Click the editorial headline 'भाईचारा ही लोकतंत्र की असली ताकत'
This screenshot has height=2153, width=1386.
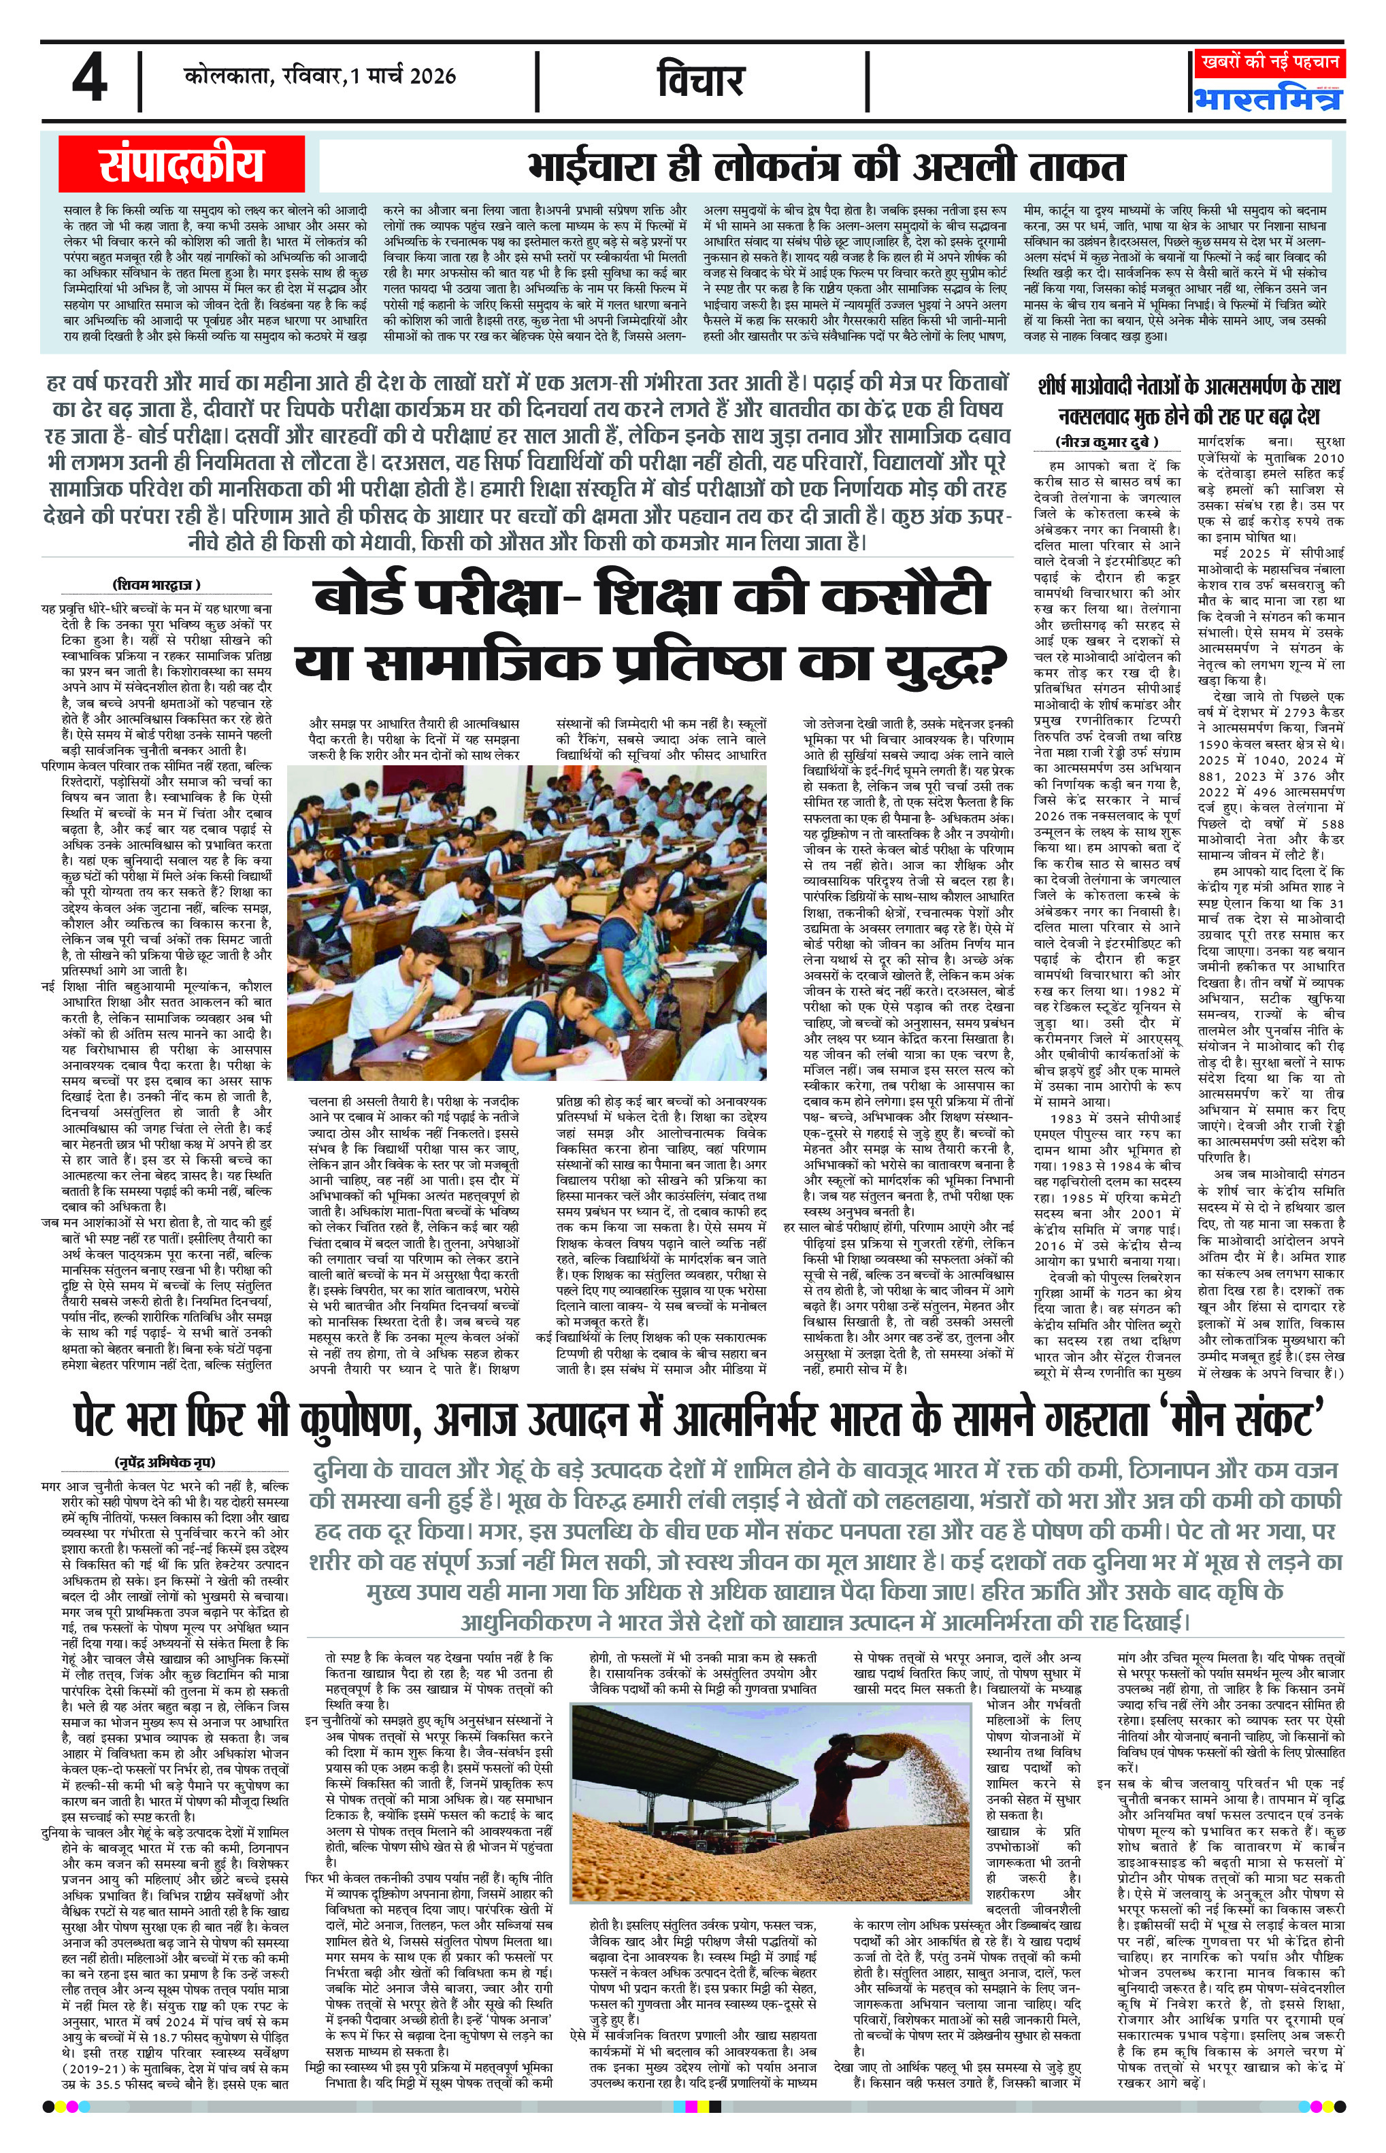(826, 167)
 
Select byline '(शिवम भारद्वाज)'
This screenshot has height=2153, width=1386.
(156, 584)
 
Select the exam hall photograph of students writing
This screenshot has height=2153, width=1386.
(527, 922)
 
